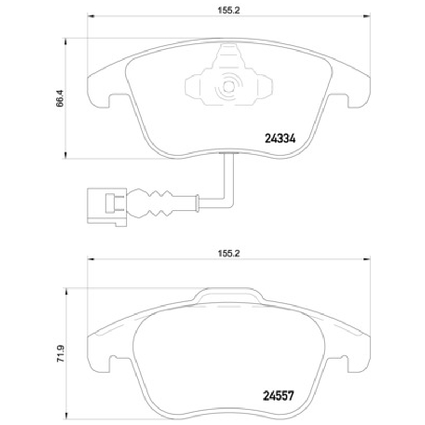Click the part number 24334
[280, 139]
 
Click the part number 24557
[278, 396]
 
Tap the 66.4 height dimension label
[59, 98]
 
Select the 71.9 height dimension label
[61, 353]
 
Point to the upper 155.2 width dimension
[229, 11]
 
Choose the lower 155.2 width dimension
[229, 253]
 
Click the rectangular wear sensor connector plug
[107, 207]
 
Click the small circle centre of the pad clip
[228, 87]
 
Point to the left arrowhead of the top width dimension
[90, 16]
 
